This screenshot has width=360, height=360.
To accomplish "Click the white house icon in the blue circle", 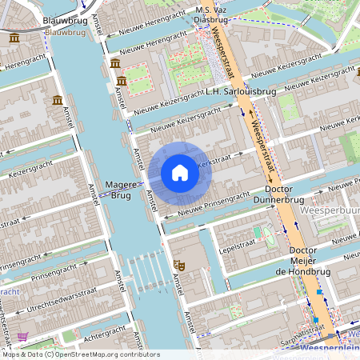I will (180, 173).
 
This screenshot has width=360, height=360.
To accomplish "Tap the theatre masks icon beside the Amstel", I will (180, 263).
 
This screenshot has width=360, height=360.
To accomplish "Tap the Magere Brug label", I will (121, 190).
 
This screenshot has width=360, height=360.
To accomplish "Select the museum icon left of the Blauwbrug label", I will (14, 38).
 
